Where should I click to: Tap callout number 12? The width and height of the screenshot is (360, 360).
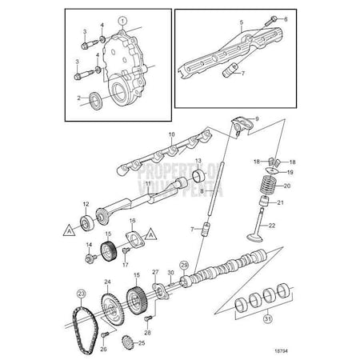click(85, 204)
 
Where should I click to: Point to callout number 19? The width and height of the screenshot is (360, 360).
click(290, 171)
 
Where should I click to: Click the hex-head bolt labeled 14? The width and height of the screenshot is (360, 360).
click(90, 258)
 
